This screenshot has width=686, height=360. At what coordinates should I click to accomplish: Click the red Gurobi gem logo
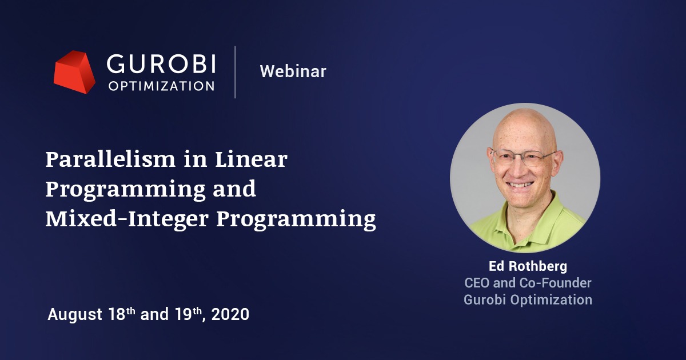pos(74,72)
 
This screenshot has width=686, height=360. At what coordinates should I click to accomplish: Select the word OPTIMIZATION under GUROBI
pos(161,86)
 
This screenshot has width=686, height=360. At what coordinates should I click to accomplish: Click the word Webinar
pos(293,71)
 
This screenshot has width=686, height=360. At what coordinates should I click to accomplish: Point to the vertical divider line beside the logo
pos(236,72)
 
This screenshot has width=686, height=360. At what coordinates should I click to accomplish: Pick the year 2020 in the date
pos(230,314)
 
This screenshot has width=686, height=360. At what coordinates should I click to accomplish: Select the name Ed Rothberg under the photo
pos(527,267)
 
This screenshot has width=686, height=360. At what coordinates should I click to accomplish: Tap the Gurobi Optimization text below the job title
pos(527,299)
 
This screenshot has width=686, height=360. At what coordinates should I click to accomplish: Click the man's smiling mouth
pos(521,184)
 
